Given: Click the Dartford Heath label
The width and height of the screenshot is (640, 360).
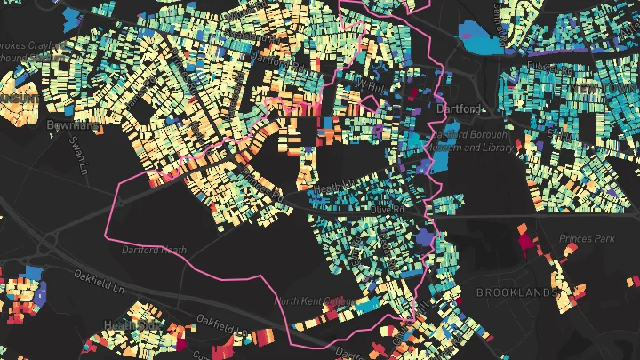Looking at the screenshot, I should (x=154, y=250).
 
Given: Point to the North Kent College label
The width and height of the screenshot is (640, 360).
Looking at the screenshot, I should (x=308, y=301).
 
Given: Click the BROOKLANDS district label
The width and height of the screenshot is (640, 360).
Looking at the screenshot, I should (x=516, y=292).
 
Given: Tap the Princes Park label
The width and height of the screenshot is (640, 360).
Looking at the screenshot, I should (x=587, y=239).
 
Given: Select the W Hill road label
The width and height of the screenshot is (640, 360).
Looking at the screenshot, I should (x=367, y=84).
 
